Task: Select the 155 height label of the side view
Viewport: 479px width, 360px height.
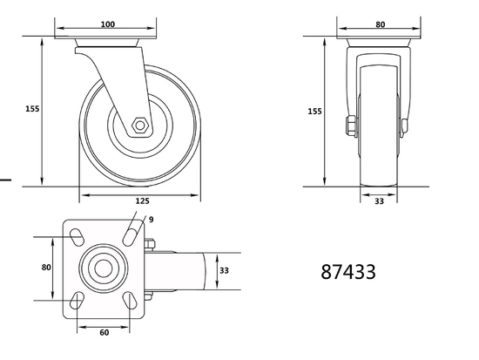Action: click(x=32, y=109)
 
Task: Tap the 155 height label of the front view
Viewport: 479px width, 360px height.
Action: click(x=315, y=112)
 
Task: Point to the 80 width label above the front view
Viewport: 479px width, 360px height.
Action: click(x=380, y=24)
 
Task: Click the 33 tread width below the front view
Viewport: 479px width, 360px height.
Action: click(x=380, y=201)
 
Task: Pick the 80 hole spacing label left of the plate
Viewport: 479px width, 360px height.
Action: click(x=47, y=268)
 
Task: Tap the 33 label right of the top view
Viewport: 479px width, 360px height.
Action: click(x=223, y=271)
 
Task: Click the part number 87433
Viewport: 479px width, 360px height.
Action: click(x=347, y=271)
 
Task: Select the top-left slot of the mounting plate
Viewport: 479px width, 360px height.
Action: click(x=77, y=235)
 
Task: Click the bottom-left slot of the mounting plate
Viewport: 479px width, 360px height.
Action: click(x=77, y=302)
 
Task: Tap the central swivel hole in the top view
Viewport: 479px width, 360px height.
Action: click(x=103, y=268)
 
